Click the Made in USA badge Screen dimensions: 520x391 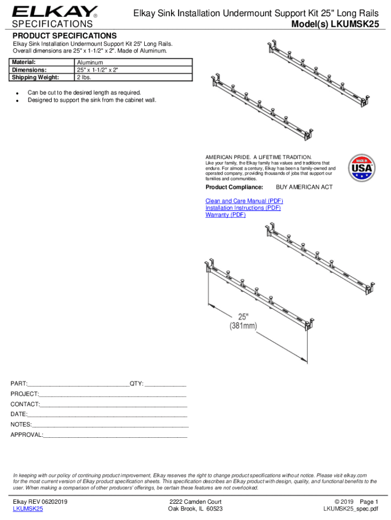[x=362, y=167]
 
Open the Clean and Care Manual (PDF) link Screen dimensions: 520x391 [x=244, y=201]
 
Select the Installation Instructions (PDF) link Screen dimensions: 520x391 [x=243, y=208]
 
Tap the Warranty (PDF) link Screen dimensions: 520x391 [x=225, y=215]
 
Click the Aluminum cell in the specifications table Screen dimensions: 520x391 [x=89, y=62]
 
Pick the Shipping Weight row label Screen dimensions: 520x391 [x=36, y=77]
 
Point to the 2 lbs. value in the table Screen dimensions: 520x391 [x=84, y=77]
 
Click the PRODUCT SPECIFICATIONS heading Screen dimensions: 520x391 [x=64, y=36]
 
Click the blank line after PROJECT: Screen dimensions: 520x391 [x=112, y=395]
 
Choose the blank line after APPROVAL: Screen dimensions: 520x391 [x=115, y=436]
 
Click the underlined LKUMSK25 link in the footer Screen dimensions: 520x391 [x=28, y=509]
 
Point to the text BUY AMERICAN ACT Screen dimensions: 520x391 [x=304, y=187]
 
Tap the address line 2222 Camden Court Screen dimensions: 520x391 [x=195, y=502]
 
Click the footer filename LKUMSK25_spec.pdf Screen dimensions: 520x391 [x=350, y=509]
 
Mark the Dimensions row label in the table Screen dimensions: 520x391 [x=29, y=70]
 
